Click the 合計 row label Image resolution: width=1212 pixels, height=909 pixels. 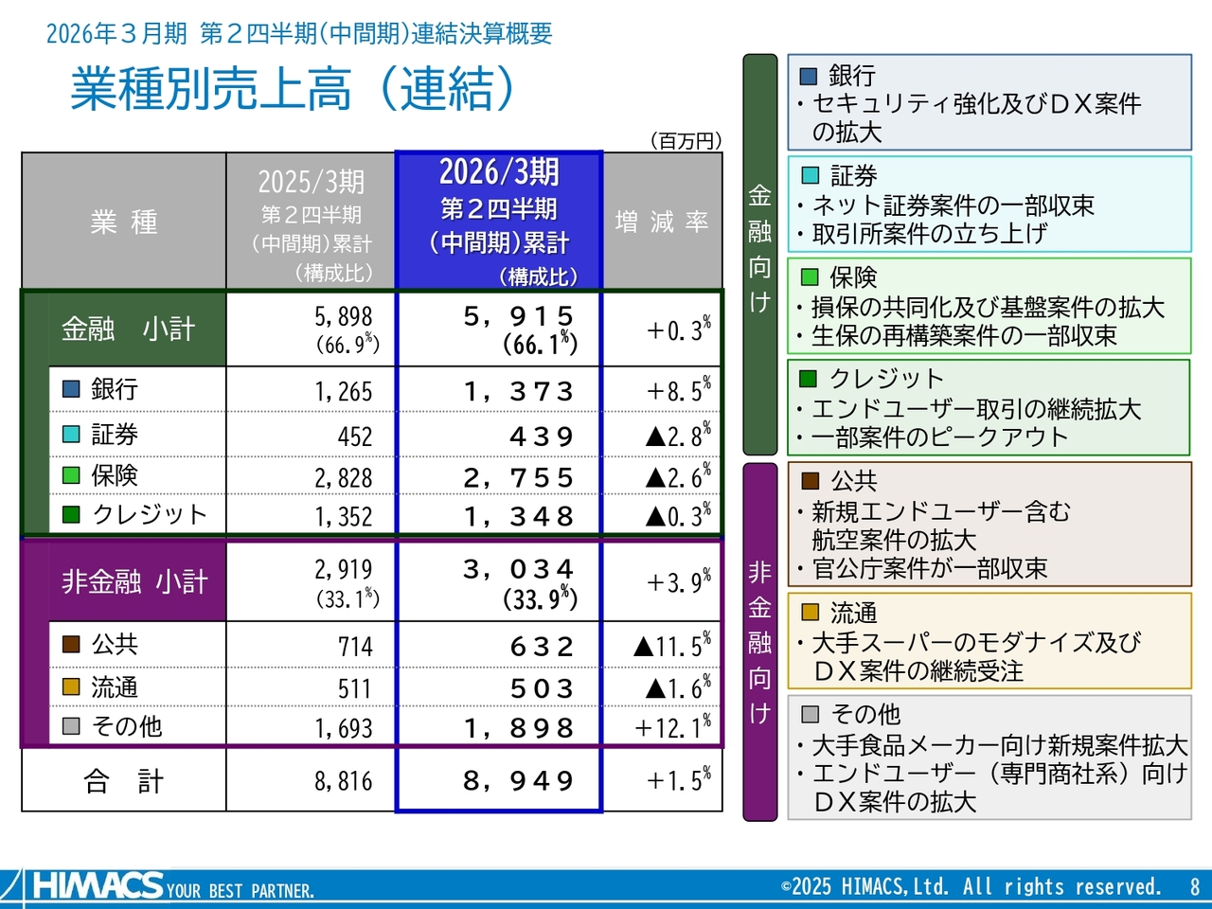pos(123,781)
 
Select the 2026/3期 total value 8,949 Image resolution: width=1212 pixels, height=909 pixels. pos(518,781)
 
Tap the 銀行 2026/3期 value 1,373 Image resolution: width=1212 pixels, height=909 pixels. pos(518,391)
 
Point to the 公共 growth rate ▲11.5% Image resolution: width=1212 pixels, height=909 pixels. pos(671,646)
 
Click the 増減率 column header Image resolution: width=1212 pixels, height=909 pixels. pos(662,222)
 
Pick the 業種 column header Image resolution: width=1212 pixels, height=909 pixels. pos(124,222)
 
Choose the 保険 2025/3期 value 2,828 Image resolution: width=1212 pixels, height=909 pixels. pos(343,478)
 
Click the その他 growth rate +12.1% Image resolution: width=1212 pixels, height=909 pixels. pos(672,727)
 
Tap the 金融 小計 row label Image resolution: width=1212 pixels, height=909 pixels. pos(128,329)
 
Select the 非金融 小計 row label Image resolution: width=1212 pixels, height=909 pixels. pos(134,581)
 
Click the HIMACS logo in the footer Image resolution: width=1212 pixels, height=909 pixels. pos(98,886)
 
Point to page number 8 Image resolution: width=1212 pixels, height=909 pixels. pos(1194,887)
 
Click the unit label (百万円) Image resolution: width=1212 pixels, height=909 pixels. pos(686,141)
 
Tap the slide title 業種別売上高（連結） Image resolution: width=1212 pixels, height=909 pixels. pos(294,90)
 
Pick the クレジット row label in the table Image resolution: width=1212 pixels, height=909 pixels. pos(149,514)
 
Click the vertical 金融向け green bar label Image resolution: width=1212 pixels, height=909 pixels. pos(759,251)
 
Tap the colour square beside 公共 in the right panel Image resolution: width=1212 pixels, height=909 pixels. pos(811,481)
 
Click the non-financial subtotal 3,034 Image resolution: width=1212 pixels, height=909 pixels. pos(518,569)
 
